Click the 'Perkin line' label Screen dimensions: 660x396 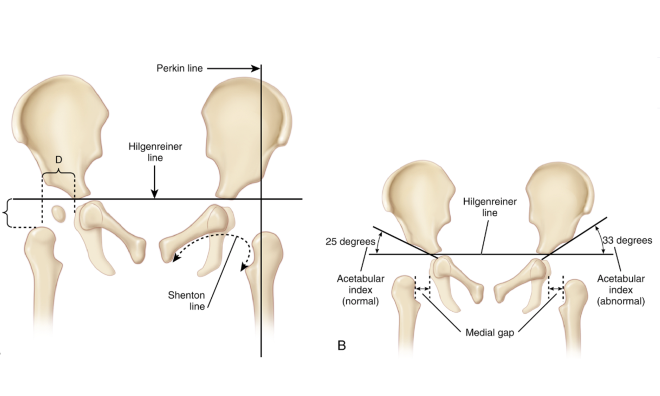[180, 68]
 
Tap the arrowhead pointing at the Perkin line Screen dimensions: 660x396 [256, 68]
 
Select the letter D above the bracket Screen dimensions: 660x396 [58, 161]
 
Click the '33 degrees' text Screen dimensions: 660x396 [627, 241]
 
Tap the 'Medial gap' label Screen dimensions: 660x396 [489, 332]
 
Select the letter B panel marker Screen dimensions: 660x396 [341, 345]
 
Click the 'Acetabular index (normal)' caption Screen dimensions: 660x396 [361, 289]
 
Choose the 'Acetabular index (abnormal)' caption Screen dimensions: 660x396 [620, 289]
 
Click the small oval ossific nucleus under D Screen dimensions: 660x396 [59, 214]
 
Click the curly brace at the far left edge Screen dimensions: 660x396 [7, 213]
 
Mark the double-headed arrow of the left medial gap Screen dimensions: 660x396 [422, 287]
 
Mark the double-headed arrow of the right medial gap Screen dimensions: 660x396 [556, 287]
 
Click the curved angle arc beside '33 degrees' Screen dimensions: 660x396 [600, 239]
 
